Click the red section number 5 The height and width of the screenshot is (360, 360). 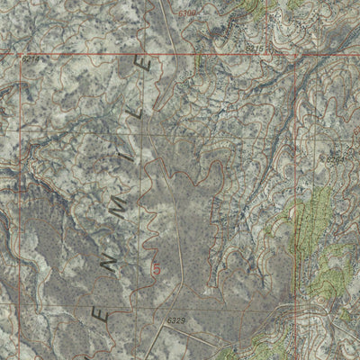[x=157, y=267]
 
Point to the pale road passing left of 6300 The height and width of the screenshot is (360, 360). [x=163, y=18]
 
